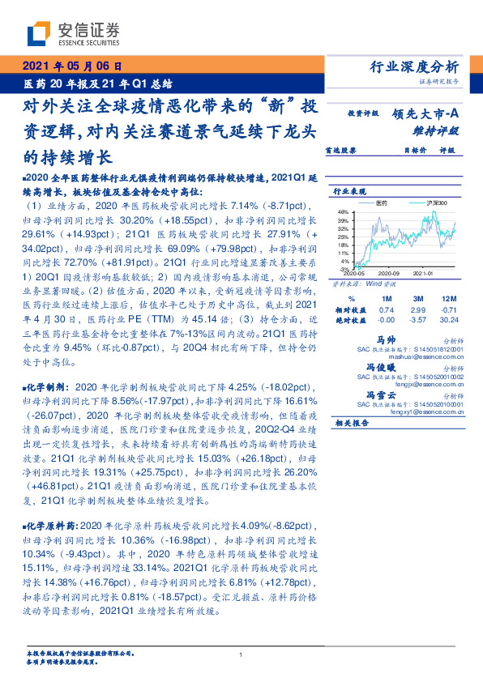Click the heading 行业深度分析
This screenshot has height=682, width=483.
tap(419, 67)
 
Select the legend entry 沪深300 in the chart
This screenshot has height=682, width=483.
tap(425, 200)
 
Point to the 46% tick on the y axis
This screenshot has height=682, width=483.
tap(343, 211)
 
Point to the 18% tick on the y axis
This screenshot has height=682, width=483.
tap(343, 245)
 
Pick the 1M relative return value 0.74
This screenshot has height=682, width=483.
tap(387, 309)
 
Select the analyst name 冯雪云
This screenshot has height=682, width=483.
tap(404, 394)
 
